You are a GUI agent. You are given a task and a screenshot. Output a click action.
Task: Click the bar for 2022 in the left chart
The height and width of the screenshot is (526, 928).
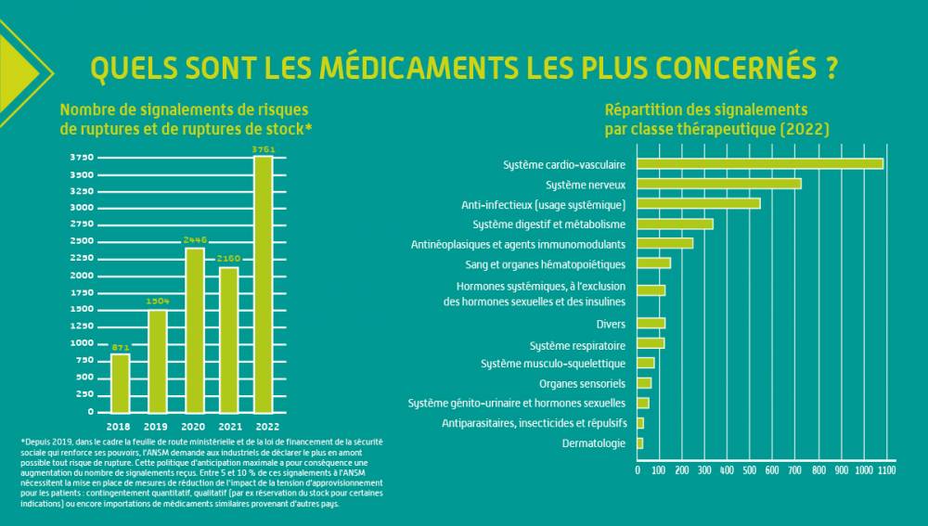(x=264, y=284)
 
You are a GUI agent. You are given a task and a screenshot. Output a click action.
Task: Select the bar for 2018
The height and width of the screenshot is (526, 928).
(x=120, y=383)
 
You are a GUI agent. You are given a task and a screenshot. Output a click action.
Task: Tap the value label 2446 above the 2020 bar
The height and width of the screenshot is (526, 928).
(x=195, y=239)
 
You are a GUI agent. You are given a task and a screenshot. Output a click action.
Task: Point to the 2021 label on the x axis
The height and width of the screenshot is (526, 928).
(x=230, y=427)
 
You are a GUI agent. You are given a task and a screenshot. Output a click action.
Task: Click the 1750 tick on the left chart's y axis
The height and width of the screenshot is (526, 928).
(x=82, y=293)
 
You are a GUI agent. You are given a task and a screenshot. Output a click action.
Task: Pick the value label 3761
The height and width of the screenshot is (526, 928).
(x=264, y=149)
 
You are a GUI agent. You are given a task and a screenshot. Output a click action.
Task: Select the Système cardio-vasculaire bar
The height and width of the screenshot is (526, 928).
(x=760, y=164)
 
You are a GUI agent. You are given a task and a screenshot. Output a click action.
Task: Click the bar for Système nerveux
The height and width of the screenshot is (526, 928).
(x=719, y=184)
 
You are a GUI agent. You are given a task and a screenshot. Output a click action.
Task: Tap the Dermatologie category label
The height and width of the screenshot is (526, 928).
(x=594, y=443)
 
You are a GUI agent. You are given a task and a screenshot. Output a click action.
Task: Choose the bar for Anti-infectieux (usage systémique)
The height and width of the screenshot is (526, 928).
(x=699, y=203)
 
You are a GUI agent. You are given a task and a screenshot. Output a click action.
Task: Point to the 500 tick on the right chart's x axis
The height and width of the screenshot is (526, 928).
(x=750, y=470)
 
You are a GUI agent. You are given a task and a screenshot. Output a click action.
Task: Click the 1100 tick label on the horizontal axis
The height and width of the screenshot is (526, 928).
(x=886, y=470)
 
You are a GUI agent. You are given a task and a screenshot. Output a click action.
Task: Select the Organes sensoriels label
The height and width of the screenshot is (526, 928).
(x=583, y=384)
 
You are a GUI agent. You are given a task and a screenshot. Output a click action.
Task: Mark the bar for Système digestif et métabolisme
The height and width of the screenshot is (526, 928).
(x=676, y=225)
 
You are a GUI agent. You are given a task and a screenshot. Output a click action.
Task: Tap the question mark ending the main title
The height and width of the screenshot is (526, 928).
(x=831, y=68)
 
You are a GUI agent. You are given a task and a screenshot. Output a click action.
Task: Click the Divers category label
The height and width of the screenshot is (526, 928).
(x=611, y=325)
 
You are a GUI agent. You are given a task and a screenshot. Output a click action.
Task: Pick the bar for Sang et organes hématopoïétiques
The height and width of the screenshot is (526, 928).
(x=654, y=263)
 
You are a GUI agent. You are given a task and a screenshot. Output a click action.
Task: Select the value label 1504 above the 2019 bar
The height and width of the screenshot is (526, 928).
(x=158, y=301)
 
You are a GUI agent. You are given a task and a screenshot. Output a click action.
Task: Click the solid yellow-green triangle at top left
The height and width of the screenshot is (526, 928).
(x=15, y=73)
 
